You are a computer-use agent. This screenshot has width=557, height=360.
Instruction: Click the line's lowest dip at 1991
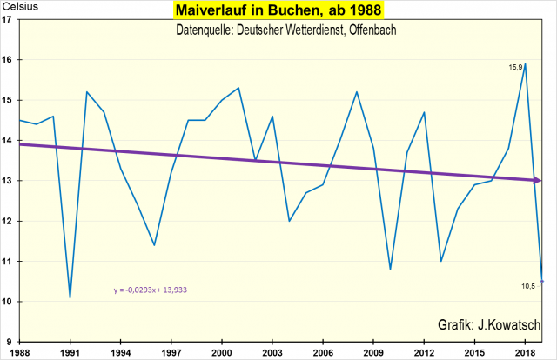click(70, 298)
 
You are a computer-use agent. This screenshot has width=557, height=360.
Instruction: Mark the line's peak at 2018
click(526, 63)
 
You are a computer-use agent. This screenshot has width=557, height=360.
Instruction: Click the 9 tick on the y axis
click(9, 342)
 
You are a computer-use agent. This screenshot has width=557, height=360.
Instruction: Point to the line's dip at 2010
click(390, 270)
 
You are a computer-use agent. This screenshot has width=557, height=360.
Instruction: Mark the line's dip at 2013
click(441, 261)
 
